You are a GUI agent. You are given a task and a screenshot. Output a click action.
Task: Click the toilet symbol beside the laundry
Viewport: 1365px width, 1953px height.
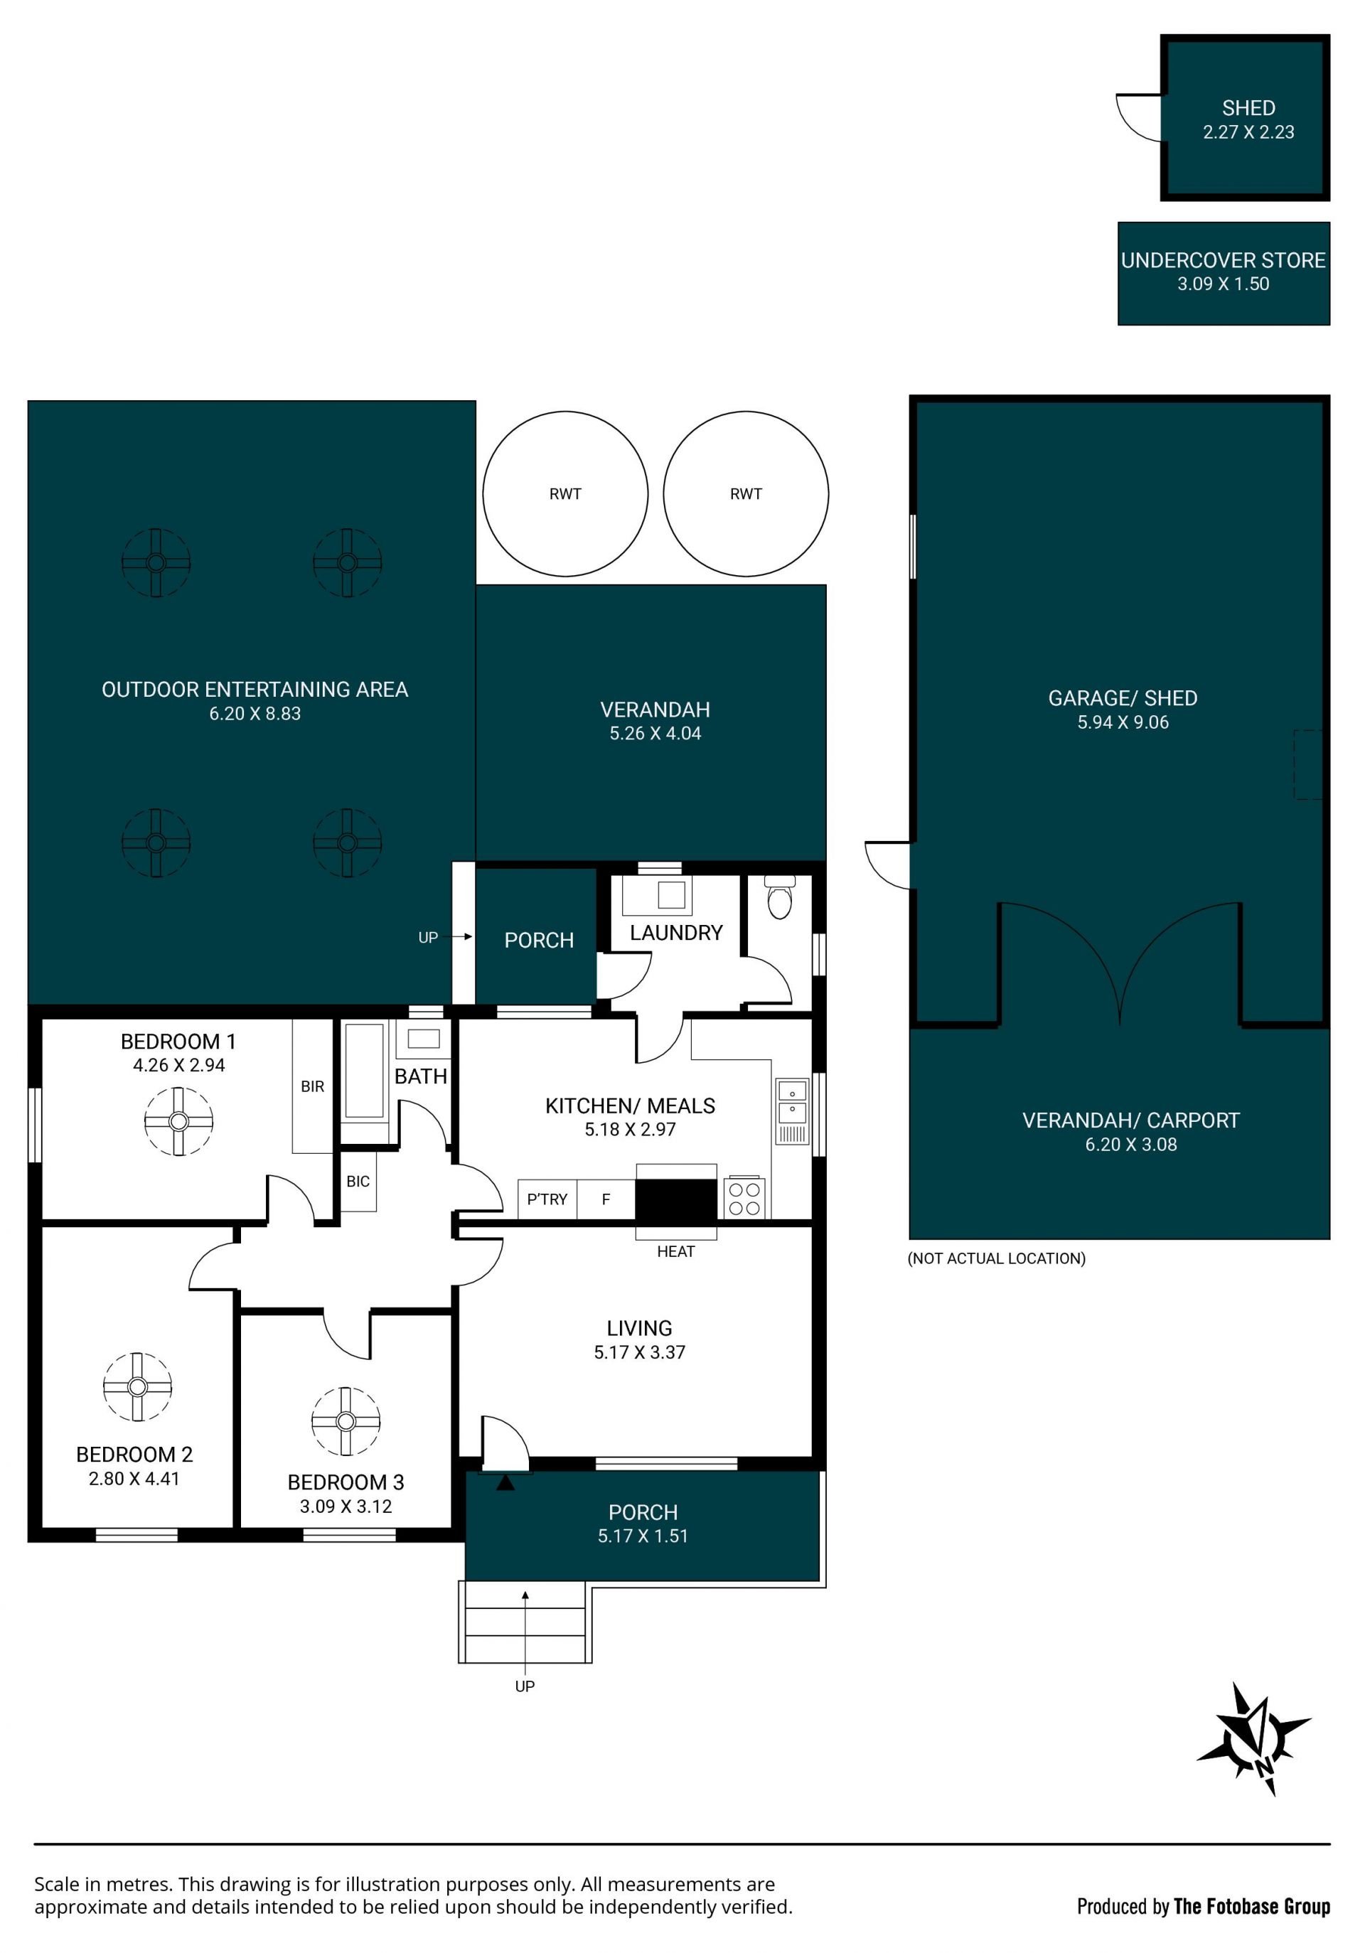click(779, 897)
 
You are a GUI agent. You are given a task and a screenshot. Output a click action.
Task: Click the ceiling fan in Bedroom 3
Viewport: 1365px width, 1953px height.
click(346, 1421)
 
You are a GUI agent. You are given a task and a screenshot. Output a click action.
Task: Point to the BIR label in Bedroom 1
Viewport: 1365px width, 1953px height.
click(312, 1086)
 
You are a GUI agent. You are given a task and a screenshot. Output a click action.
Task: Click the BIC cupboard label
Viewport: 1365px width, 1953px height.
click(358, 1182)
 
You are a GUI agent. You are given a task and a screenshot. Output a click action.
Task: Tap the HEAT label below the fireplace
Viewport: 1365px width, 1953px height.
click(675, 1251)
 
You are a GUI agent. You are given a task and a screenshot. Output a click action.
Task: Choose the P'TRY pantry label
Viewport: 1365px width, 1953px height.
click(547, 1199)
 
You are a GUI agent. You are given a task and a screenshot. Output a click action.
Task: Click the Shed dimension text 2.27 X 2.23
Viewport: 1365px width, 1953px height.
click(1248, 132)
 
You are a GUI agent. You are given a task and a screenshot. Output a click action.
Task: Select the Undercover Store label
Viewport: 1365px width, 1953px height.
click(1223, 260)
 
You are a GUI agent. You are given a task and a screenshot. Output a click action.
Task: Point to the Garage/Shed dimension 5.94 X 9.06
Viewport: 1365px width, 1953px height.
click(1123, 722)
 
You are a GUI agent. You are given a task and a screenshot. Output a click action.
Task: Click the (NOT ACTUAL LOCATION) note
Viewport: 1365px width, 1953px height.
click(996, 1258)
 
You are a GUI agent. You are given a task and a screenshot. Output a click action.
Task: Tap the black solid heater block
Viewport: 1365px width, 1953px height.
click(676, 1200)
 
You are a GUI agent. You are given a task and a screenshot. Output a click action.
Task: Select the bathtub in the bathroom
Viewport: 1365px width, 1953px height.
click(365, 1071)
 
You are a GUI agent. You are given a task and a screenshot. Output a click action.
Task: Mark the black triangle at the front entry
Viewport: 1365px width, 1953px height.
click(505, 1482)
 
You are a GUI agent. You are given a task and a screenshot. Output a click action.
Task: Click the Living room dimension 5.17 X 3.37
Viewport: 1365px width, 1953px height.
click(640, 1352)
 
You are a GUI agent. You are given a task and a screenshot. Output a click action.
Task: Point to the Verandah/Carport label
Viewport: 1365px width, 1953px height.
click(1130, 1120)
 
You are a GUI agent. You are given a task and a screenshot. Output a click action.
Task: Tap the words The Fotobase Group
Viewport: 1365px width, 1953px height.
click(1252, 1906)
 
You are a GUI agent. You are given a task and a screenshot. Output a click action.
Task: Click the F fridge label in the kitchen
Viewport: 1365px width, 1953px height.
click(606, 1199)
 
